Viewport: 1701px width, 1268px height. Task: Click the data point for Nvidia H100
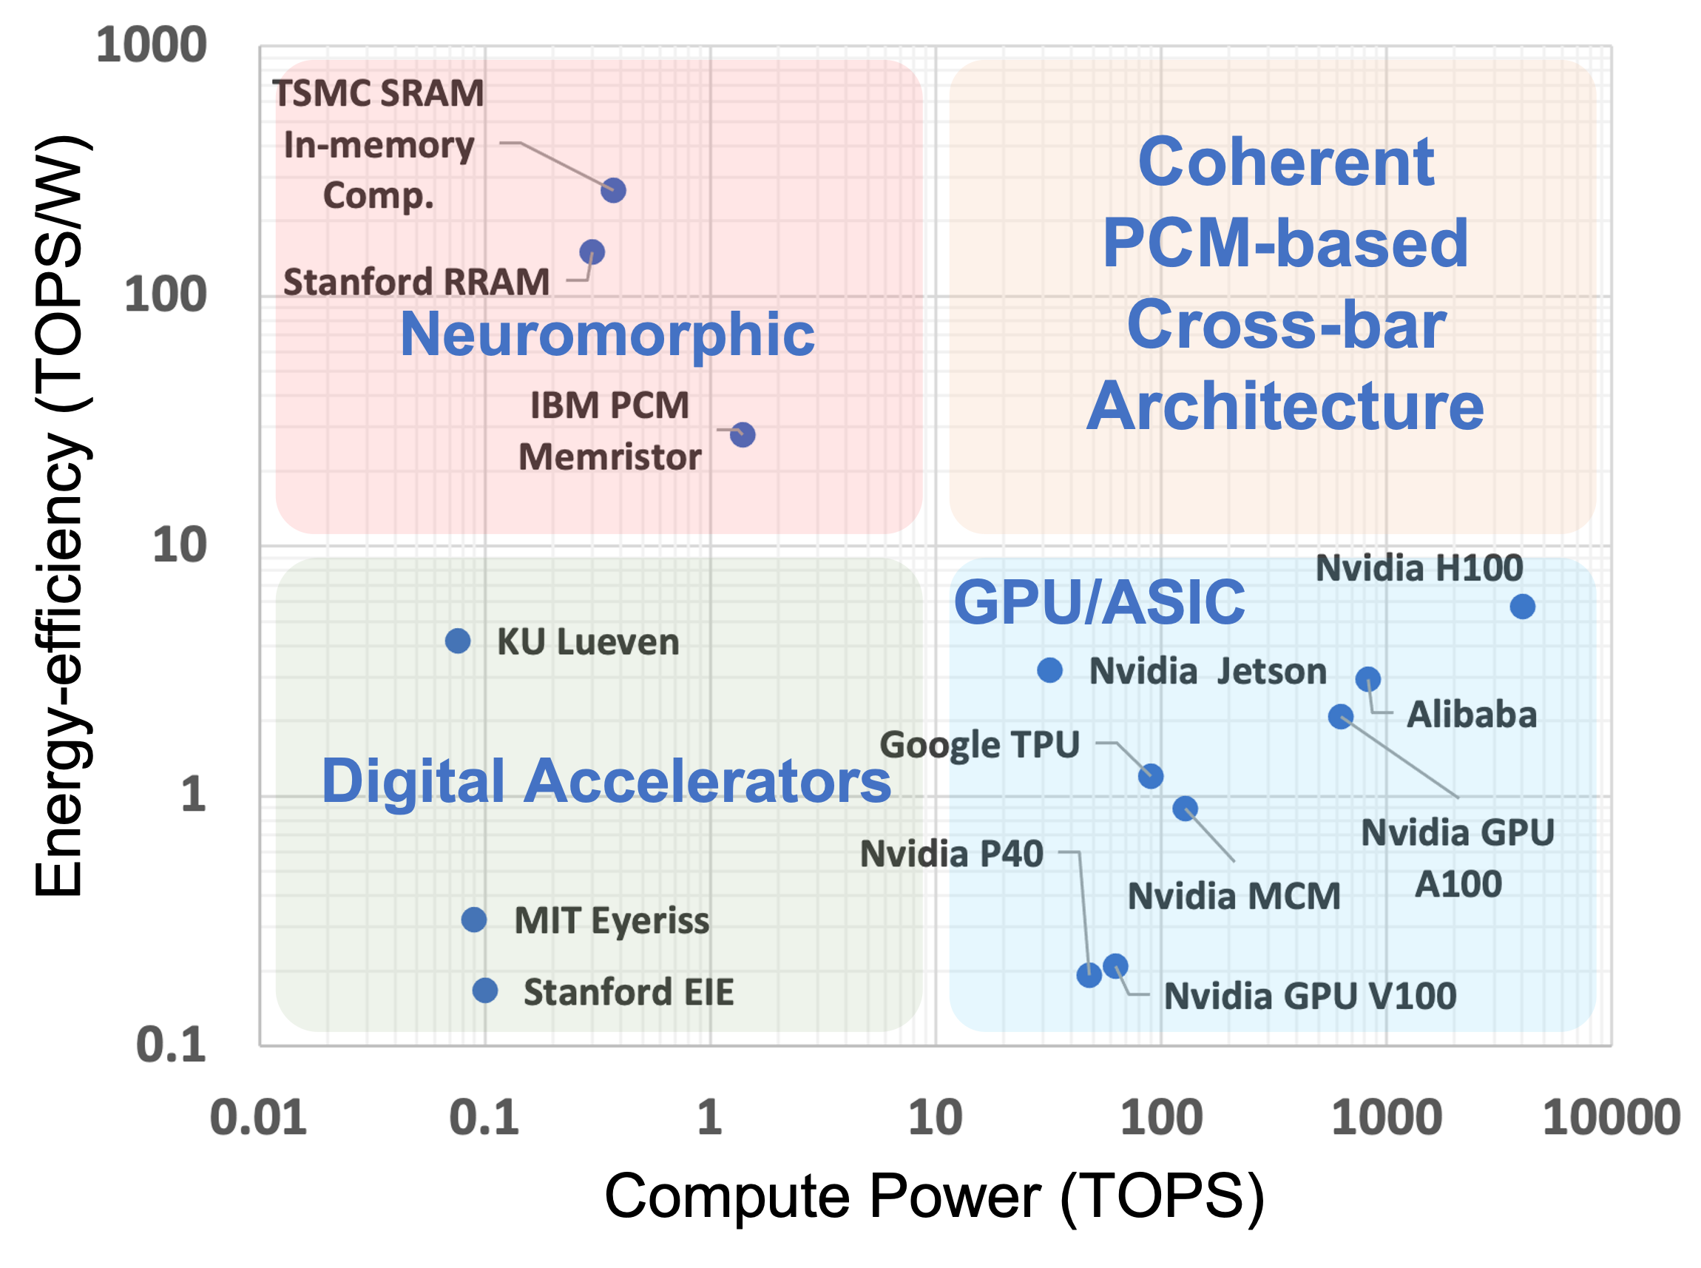pos(1522,607)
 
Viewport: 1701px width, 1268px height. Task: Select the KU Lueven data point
pos(458,640)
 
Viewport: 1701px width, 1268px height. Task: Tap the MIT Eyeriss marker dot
pos(474,919)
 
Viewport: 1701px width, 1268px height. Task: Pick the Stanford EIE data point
pos(485,990)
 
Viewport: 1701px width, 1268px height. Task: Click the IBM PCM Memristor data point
pos(743,435)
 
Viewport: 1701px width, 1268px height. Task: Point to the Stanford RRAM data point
pos(592,252)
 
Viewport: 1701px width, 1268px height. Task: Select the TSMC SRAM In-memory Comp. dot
pos(613,189)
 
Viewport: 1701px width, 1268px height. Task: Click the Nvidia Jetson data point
pos(1049,670)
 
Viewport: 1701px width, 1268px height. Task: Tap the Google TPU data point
pos(1150,776)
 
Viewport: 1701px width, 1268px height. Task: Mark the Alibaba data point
pos(1368,678)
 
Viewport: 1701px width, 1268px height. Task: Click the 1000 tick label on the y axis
pos(151,44)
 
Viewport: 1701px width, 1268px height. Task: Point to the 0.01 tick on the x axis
pos(259,1117)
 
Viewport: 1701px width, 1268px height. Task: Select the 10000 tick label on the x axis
pos(1612,1117)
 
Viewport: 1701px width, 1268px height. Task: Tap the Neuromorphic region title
pos(607,334)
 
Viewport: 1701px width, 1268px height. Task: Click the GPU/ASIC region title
pos(1099,602)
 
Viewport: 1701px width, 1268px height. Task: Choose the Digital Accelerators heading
pos(606,781)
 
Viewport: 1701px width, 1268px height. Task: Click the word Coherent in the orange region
pos(1286,162)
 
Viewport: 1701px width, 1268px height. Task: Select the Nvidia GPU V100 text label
pos(1310,996)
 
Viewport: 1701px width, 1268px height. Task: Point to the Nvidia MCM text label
pos(1234,896)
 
